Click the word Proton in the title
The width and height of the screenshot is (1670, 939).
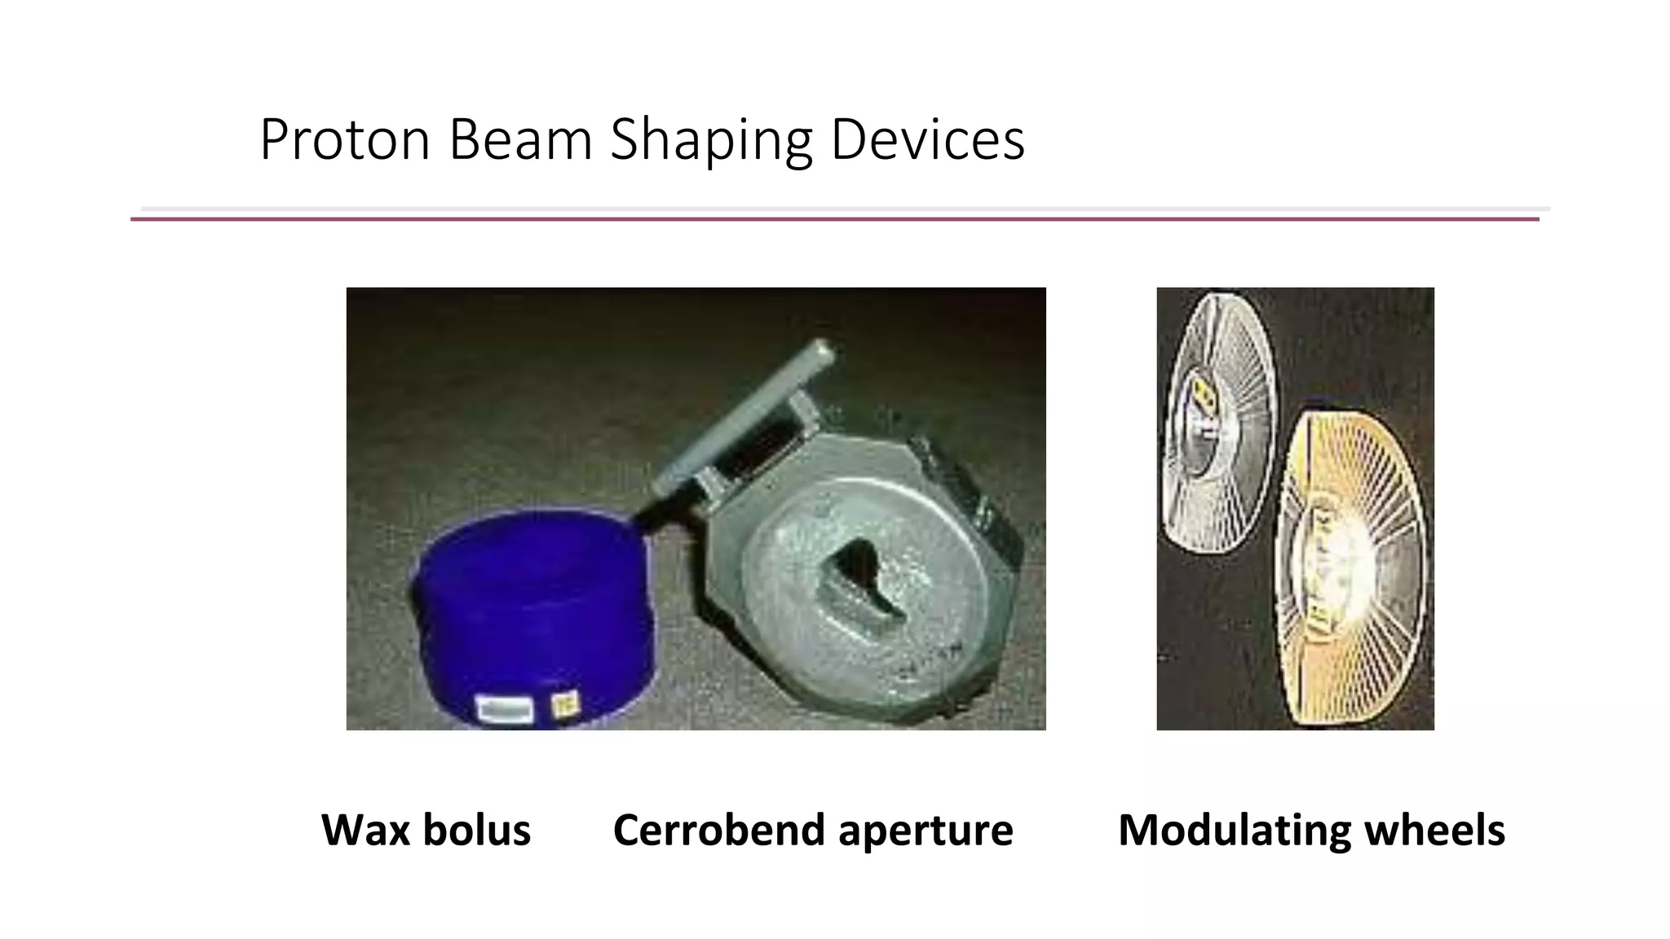344,140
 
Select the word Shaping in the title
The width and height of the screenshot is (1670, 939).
711,140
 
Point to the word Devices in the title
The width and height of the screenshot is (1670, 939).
927,140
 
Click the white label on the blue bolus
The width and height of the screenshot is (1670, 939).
505,708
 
